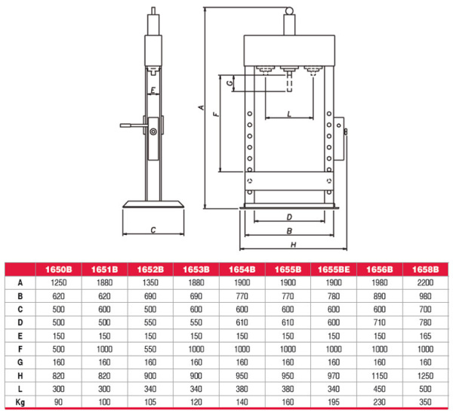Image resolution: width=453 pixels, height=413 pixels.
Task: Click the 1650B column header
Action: pyautogui.click(x=58, y=270)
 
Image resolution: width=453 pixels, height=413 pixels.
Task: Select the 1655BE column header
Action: pyautogui.click(x=334, y=270)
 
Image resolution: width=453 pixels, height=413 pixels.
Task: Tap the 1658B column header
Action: pyautogui.click(x=425, y=270)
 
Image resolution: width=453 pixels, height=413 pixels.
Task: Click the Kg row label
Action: pyautogui.click(x=20, y=402)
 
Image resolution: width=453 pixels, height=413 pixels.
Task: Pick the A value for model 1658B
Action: pyautogui.click(x=425, y=282)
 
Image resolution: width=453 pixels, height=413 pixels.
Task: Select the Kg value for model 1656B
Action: pyautogui.click(x=379, y=402)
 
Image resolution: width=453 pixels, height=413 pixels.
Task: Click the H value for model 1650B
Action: pyautogui.click(x=58, y=376)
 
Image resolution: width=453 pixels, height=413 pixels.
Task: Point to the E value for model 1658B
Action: pyautogui.click(x=425, y=336)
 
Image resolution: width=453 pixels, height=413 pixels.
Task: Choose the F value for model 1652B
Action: pyautogui.click(x=150, y=349)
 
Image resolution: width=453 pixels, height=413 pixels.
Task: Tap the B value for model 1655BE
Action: pyautogui.click(x=334, y=296)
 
